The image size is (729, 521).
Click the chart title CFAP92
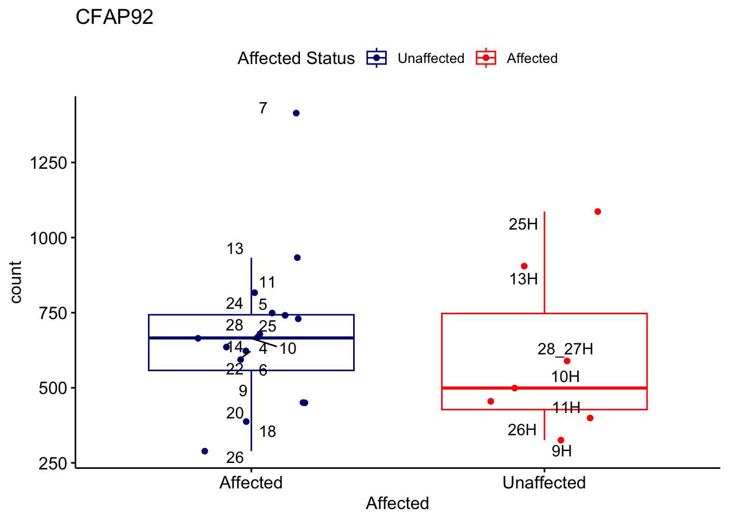pos(114,17)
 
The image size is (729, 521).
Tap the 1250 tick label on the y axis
pos(48,163)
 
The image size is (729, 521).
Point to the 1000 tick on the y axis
pos(48,238)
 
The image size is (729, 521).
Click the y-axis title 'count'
pos(16,282)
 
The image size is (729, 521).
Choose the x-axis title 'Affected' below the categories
pos(397,503)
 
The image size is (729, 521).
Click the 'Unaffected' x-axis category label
pos(544,482)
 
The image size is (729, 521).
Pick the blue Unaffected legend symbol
pos(376,58)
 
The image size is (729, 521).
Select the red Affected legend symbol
pos(486,58)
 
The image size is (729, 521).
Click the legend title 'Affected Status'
pos(296,58)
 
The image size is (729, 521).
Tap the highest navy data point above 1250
pos(296,113)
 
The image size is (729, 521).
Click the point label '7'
pos(263,109)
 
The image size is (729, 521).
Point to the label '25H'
pos(523,224)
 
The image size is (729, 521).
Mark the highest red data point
pos(598,212)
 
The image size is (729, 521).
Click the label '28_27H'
pos(565,349)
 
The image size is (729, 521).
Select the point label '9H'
pos(561,451)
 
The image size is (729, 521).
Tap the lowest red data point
pos(561,440)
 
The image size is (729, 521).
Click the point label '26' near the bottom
pos(235,458)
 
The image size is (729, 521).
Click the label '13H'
pos(523,279)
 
